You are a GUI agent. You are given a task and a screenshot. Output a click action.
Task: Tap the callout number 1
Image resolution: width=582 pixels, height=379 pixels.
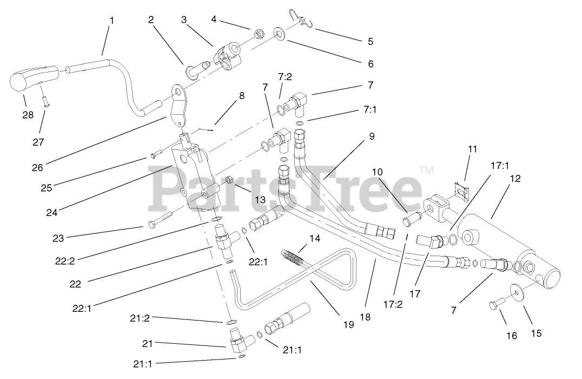click(111, 21)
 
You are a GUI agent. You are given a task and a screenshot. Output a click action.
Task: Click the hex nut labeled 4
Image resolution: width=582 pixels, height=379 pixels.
click(259, 34)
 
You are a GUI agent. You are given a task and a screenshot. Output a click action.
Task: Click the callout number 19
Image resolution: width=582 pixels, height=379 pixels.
click(348, 324)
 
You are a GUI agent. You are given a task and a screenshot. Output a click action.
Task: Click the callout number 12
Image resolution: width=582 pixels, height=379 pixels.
click(515, 178)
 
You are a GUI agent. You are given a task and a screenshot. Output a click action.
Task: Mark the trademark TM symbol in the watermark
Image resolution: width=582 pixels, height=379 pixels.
click(426, 170)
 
